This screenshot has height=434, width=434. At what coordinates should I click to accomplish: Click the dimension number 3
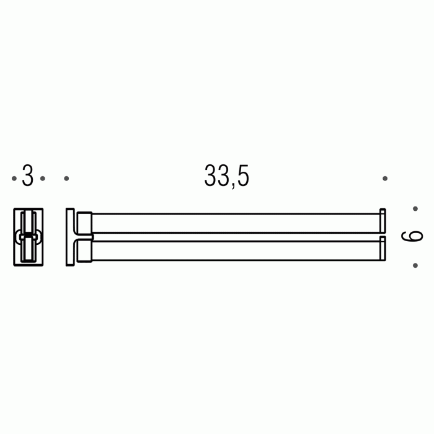(x=27, y=176)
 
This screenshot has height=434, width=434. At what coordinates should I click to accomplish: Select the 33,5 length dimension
(x=226, y=176)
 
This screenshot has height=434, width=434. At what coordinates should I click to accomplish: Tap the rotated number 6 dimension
(x=412, y=236)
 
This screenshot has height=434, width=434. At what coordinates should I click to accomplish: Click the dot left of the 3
(x=14, y=179)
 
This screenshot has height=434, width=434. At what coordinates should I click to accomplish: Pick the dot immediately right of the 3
(x=42, y=179)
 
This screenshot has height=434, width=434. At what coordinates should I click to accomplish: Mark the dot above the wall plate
(x=66, y=179)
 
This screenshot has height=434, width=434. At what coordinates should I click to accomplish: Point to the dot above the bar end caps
(x=385, y=179)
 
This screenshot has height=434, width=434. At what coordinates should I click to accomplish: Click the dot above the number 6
(x=415, y=209)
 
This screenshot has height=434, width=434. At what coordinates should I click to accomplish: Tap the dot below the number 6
(x=415, y=265)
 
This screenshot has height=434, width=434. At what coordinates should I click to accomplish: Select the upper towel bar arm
(x=236, y=223)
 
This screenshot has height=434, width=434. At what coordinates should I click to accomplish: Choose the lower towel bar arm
(x=236, y=250)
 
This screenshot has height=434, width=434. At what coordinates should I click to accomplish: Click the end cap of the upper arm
(x=383, y=221)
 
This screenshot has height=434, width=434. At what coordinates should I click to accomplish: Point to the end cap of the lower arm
(x=383, y=249)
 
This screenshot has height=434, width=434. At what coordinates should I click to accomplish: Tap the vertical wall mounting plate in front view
(x=70, y=236)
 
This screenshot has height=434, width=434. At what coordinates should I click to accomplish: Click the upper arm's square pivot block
(x=84, y=223)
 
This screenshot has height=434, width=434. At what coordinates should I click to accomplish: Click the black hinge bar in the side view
(x=28, y=236)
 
